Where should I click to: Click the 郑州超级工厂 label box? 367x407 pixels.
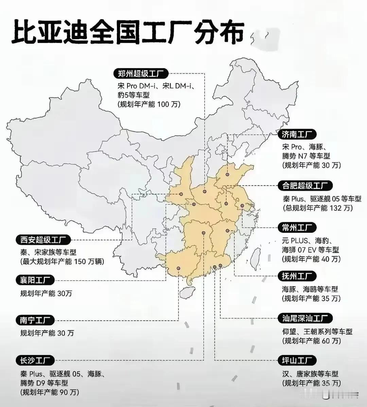point(141,73)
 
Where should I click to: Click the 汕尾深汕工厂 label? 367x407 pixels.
point(305,319)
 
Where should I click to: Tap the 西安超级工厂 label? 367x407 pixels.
point(43,240)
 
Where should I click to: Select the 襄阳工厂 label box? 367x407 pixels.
point(35,280)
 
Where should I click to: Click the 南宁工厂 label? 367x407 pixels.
point(35,320)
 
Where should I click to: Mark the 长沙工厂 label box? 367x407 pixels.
point(35,360)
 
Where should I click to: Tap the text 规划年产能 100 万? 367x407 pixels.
point(149,104)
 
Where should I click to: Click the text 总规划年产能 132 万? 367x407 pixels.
point(317,208)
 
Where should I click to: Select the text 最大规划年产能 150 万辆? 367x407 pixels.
point(62,262)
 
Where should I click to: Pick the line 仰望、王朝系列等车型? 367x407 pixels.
point(317,331)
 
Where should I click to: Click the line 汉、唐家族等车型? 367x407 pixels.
point(310,374)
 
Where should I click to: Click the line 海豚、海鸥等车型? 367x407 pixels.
point(310,289)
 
